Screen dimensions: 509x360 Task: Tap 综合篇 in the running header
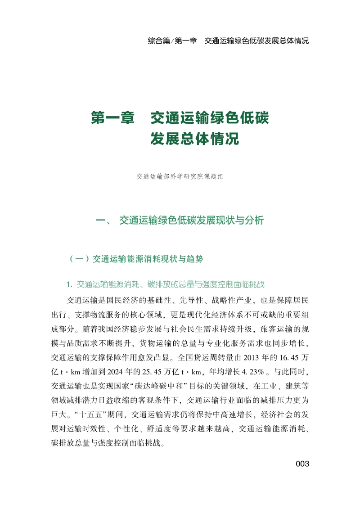click(158, 41)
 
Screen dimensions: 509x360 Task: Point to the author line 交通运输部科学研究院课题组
click(180, 177)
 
